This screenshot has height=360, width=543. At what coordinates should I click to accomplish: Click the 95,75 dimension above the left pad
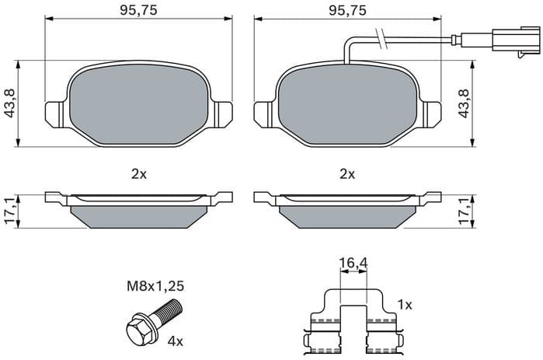(x=139, y=12)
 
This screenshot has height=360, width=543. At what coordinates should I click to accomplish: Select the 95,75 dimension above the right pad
(x=347, y=12)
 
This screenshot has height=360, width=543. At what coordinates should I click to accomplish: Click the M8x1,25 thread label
(x=156, y=286)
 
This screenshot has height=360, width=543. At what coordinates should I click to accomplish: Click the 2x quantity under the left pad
(x=139, y=174)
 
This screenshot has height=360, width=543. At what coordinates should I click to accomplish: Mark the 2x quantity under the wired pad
(x=347, y=174)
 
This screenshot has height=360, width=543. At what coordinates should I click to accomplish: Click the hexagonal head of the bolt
(x=137, y=327)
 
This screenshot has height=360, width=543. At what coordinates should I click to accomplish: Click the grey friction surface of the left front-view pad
(x=139, y=106)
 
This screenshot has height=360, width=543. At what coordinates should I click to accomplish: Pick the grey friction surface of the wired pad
(x=347, y=106)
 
